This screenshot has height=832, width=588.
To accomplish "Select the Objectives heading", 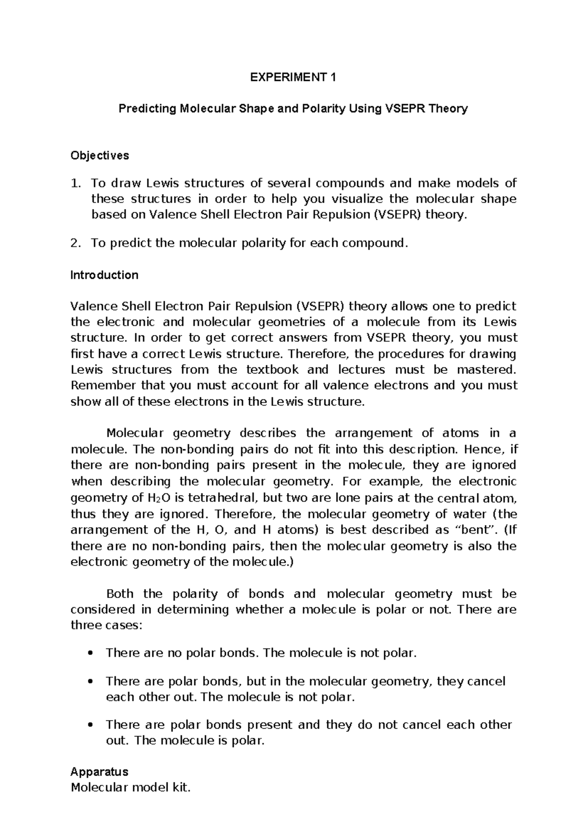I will (x=99, y=156).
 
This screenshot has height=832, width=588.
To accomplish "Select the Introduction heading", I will (x=104, y=275).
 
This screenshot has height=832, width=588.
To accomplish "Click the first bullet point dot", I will (x=89, y=653).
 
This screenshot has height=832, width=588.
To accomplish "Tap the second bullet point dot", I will (x=89, y=682).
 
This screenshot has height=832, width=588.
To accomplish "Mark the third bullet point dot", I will (x=89, y=725).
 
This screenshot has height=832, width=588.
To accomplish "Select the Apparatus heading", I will (x=99, y=772).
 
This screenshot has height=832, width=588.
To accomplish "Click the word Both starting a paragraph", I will (x=120, y=594).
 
